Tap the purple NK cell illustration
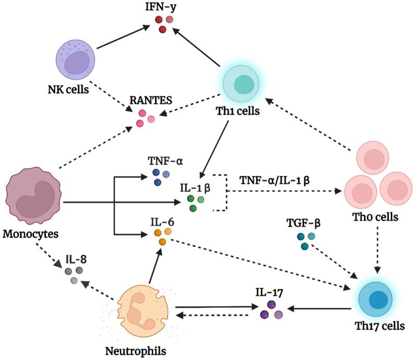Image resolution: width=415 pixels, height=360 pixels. (76, 58)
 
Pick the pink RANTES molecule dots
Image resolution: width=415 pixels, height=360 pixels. (145, 118)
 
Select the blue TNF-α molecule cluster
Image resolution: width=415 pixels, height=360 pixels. (161, 177)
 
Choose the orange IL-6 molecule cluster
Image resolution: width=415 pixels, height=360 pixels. (164, 236)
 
